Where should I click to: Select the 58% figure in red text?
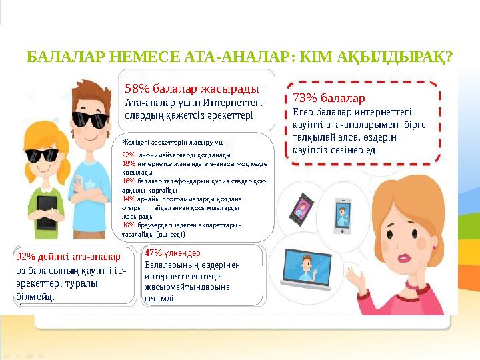tap(135, 88)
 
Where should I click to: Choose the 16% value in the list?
tap(129, 180)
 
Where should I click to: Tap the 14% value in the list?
tap(129, 198)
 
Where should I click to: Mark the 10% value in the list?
tap(129, 225)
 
